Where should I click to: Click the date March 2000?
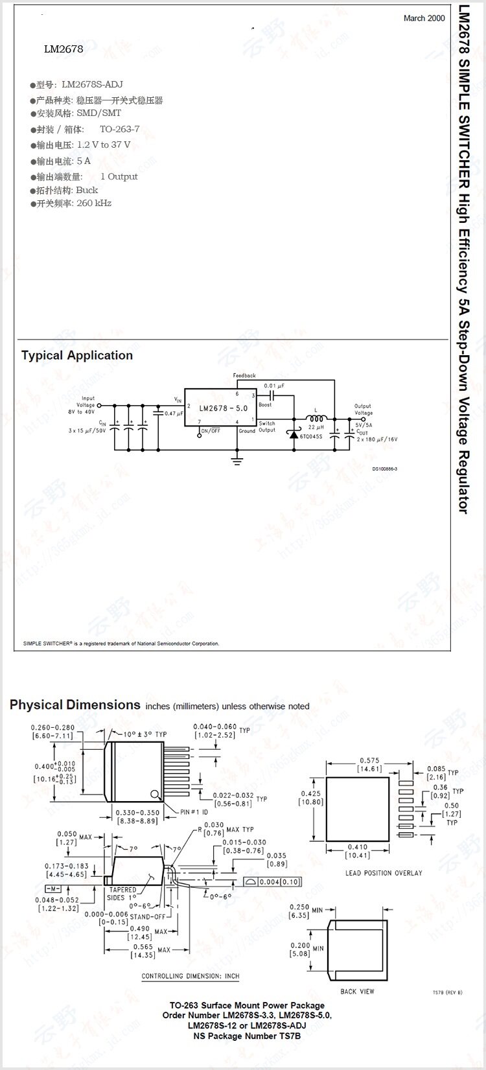(x=424, y=18)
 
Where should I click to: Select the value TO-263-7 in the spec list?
(x=119, y=129)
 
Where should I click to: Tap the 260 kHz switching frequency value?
(x=94, y=203)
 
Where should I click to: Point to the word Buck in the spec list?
(x=87, y=190)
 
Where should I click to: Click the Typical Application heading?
(x=76, y=355)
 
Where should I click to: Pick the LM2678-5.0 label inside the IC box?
(x=223, y=408)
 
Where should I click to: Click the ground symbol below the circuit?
(x=237, y=459)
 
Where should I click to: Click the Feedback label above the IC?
(x=244, y=376)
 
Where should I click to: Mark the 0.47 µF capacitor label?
(x=174, y=413)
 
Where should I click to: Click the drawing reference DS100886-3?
(x=384, y=469)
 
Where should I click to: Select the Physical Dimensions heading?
(x=75, y=705)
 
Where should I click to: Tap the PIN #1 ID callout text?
(x=194, y=812)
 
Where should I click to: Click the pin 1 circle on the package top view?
(x=155, y=795)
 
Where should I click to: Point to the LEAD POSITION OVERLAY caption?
(x=384, y=873)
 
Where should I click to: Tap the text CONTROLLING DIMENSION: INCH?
(x=191, y=975)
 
